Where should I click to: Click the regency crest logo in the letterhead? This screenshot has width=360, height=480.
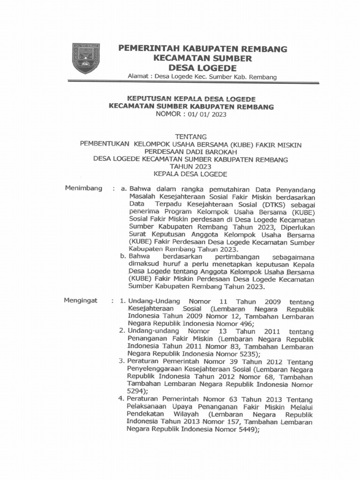(86, 58)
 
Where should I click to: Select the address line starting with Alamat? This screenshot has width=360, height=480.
(202, 76)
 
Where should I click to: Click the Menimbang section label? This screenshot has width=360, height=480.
(83, 188)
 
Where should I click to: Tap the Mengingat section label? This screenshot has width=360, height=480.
(81, 300)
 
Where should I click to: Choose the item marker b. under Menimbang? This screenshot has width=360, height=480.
(123, 256)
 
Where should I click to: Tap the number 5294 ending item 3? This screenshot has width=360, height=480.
(136, 391)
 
